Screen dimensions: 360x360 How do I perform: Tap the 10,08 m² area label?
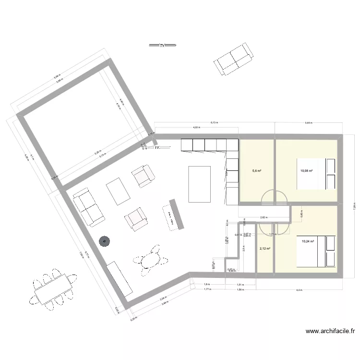point(307,170)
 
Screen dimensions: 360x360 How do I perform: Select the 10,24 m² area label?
point(307,242)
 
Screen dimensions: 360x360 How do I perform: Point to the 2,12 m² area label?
point(264,249)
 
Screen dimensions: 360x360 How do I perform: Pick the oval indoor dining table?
point(148,260)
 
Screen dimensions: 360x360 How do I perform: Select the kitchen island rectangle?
point(200,184)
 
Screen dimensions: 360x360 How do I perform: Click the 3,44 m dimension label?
point(308,123)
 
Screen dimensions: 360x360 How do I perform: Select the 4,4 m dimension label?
point(299,290)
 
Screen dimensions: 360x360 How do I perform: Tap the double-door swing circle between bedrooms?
point(274,197)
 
